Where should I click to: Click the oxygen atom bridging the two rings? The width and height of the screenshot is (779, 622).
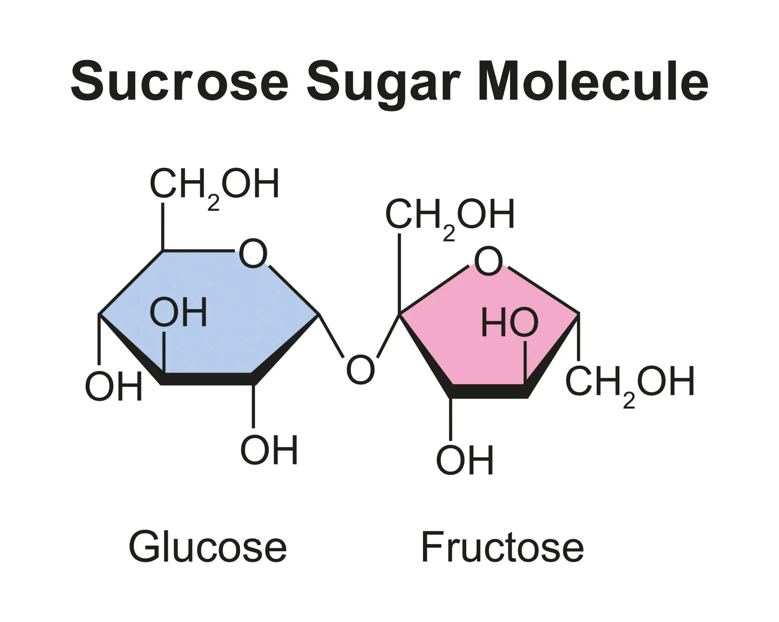tap(360, 369)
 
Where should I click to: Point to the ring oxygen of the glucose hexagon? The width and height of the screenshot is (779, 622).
tap(253, 253)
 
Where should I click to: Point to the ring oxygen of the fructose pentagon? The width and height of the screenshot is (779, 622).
tap(488, 262)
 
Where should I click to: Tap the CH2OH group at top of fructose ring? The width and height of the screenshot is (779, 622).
tap(450, 215)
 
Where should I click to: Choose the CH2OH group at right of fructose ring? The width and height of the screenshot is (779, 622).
tap(630, 382)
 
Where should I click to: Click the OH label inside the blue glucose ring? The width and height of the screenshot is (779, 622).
tap(179, 313)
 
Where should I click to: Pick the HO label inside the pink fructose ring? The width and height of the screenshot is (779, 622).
tap(510, 323)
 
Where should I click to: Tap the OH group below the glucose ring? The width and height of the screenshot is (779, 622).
tap(269, 450)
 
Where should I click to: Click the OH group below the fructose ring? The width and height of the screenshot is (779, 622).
tap(465, 460)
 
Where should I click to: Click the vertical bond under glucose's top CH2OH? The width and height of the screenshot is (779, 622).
tap(163, 226)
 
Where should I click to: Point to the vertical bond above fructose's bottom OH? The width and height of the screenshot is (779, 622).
tap(451, 418)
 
